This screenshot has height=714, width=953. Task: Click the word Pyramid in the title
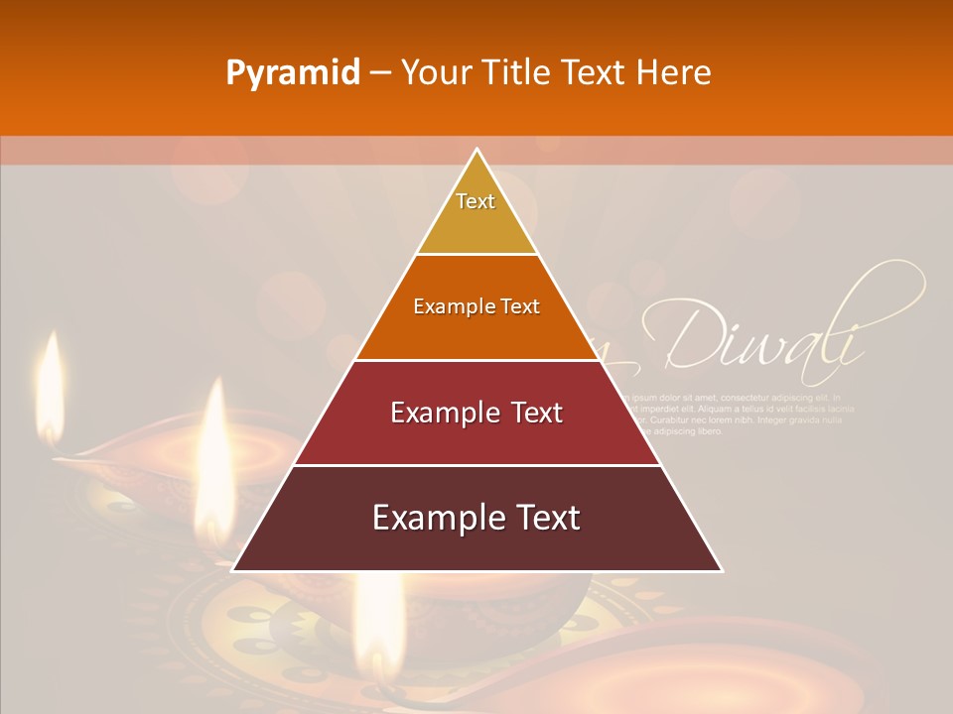293,72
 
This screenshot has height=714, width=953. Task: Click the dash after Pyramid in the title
380,73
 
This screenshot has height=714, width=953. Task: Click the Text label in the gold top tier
476,201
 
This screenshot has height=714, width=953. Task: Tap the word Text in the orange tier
520,306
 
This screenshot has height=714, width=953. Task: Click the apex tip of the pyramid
476,150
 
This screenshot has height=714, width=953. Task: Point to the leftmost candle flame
50,382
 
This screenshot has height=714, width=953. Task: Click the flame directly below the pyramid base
379,615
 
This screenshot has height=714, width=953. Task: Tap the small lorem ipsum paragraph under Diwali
740,414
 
